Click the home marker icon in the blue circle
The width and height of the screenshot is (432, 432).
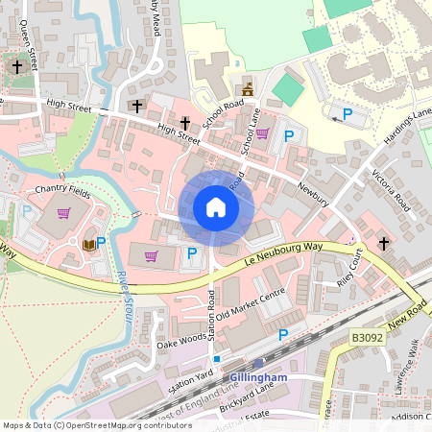216,207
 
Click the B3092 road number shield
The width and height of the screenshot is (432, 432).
366,338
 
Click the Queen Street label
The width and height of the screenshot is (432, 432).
28,48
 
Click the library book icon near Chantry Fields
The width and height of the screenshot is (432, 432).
89,245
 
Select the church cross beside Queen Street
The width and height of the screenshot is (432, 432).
17,67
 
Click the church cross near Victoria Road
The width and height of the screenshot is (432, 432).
384,243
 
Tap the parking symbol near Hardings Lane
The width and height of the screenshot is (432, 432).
348,114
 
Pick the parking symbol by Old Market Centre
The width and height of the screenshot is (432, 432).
282,334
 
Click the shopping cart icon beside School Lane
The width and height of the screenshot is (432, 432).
261,133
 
